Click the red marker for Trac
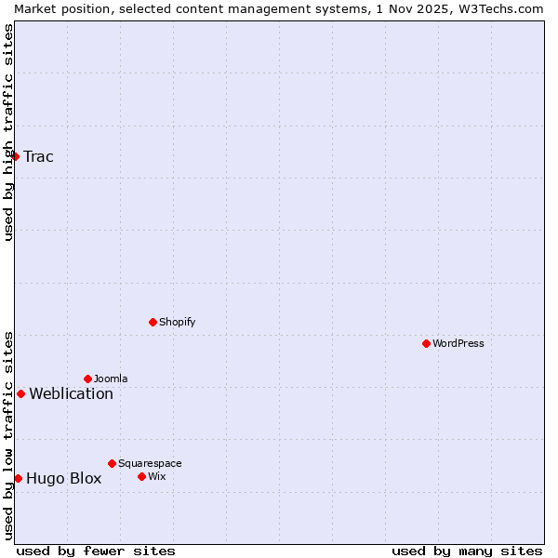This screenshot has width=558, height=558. click(16, 156)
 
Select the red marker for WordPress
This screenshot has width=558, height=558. click(426, 343)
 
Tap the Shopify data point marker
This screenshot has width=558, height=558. click(153, 322)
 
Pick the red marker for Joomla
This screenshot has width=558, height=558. click(87, 379)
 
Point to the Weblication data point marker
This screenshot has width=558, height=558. click(20, 393)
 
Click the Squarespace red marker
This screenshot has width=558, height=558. click(112, 463)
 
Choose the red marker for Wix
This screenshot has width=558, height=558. click(141, 476)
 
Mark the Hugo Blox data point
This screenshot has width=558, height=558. click(18, 478)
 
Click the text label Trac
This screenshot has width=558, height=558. click(38, 156)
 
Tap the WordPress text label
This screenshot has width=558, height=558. click(458, 343)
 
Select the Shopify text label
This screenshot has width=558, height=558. click(177, 322)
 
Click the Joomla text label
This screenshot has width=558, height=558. click(111, 379)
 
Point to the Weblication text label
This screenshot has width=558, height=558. click(71, 393)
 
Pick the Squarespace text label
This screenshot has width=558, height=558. click(150, 463)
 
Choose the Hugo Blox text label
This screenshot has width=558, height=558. click(63, 479)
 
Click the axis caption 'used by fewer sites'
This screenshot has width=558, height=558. click(96, 551)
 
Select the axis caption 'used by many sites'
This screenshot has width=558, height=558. click(467, 551)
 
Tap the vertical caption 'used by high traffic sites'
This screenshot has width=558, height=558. click(8, 132)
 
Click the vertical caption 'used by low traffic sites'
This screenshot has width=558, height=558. click(8, 434)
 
